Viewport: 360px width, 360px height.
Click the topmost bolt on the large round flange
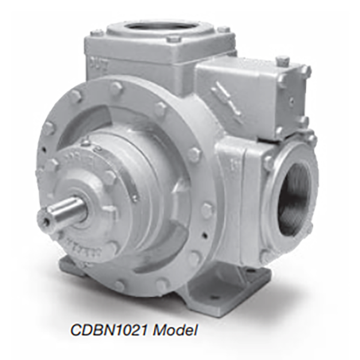tap(116, 87)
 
